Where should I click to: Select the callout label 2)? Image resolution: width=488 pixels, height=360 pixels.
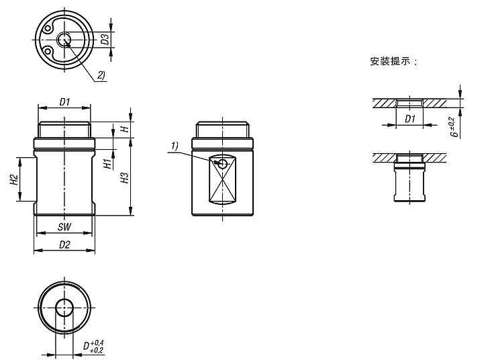click(101, 75)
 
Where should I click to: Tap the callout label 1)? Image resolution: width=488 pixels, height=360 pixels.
click(175, 146)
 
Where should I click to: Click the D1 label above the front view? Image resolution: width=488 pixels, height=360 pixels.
click(64, 102)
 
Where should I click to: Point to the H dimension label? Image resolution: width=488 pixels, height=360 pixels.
click(124, 128)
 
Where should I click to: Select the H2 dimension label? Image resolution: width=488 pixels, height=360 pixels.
click(13, 179)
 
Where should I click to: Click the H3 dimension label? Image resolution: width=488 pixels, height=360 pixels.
click(124, 178)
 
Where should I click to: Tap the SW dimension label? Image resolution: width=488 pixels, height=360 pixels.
click(64, 228)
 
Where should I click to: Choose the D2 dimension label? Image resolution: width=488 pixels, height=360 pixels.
click(64, 244)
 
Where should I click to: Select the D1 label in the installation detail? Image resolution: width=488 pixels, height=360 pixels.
click(409, 118)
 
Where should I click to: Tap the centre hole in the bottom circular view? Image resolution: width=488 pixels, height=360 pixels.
click(64, 309)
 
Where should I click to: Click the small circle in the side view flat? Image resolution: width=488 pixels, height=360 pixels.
click(222, 163)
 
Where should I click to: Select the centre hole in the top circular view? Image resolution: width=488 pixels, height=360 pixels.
click(64, 40)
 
